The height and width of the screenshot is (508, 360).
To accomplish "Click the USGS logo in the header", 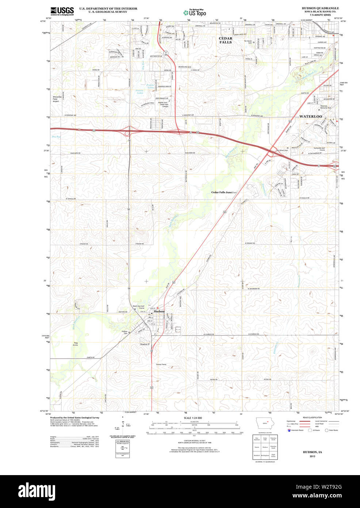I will click(x=62, y=11).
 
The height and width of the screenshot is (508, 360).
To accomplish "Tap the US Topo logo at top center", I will click(x=195, y=12).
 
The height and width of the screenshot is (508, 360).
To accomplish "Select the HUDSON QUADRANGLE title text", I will click(x=320, y=8).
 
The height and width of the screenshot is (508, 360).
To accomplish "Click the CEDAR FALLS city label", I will click(x=225, y=40).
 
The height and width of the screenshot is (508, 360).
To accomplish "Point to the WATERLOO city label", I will click(x=311, y=116).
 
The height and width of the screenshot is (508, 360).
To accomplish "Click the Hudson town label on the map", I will click(x=159, y=311).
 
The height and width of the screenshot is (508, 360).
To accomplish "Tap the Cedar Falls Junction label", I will click(x=224, y=192).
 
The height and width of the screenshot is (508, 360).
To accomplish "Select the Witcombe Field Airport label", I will click(x=55, y=99).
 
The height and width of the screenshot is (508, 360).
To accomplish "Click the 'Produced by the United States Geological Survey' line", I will click(x=74, y=417).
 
